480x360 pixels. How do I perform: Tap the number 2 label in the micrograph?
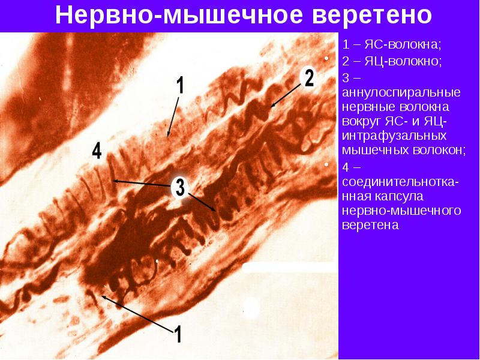point(308,78)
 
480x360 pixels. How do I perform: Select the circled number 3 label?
point(179,188)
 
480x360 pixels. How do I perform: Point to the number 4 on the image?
point(97,151)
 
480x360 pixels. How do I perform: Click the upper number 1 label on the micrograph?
point(180,85)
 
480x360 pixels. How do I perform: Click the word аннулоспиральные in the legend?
point(401,93)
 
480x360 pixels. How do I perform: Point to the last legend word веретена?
point(370,226)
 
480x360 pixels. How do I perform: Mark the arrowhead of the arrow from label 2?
point(272,107)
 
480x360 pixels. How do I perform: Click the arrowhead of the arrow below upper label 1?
point(168,136)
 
